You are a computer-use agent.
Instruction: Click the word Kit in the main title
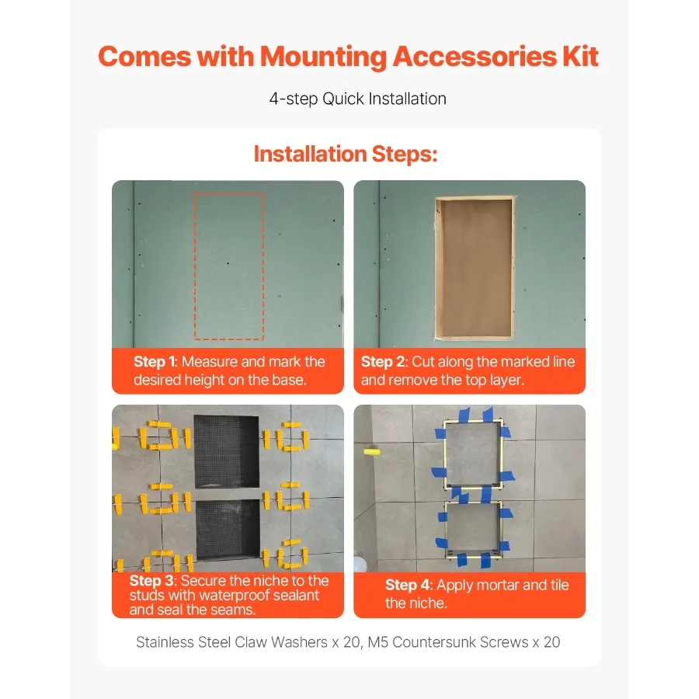point(580,57)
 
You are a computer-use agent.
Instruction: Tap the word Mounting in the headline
point(323,57)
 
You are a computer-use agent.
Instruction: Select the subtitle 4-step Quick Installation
point(357,99)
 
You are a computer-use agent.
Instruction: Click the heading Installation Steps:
point(346,154)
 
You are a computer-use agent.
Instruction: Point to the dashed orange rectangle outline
point(195,266)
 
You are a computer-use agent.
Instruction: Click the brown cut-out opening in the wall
point(474,268)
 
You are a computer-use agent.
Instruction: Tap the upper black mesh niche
point(227,451)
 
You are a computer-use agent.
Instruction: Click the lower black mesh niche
point(228,529)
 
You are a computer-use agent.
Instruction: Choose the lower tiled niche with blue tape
point(447,530)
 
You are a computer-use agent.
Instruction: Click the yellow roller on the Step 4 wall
point(372,452)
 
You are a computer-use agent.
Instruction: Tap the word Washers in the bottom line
point(299,642)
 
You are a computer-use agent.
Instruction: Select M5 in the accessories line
point(377,642)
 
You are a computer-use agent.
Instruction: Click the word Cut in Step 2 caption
point(423,361)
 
